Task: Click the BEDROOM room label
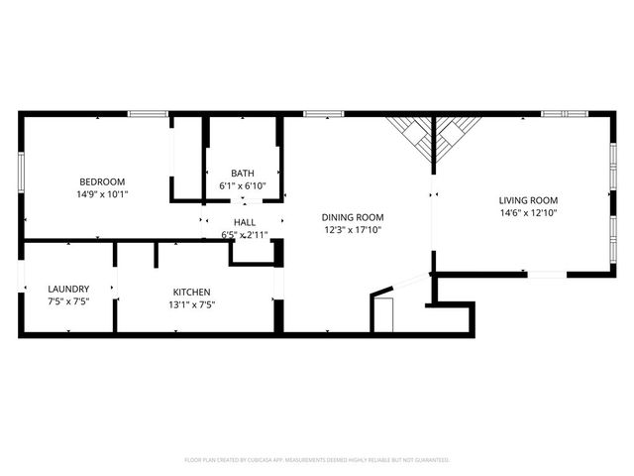[x=102, y=181]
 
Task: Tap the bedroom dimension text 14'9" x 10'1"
[x=102, y=194]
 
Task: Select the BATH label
[x=243, y=174]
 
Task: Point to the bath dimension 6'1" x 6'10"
[x=243, y=186]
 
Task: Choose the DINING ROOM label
[x=353, y=217]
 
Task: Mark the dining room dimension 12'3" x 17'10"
[x=353, y=230]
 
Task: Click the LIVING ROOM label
[x=529, y=199]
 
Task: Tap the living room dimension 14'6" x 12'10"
[x=529, y=212]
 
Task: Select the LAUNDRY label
[x=68, y=290]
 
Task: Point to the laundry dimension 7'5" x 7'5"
[x=68, y=303]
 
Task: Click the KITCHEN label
[x=192, y=292]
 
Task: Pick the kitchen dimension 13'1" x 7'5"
[x=192, y=304]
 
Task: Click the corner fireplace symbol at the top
[x=433, y=137]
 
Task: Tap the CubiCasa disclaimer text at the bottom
[x=317, y=460]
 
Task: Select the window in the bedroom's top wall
[x=147, y=114]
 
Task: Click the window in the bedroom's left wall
[x=19, y=171]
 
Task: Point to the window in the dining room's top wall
[x=317, y=114]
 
